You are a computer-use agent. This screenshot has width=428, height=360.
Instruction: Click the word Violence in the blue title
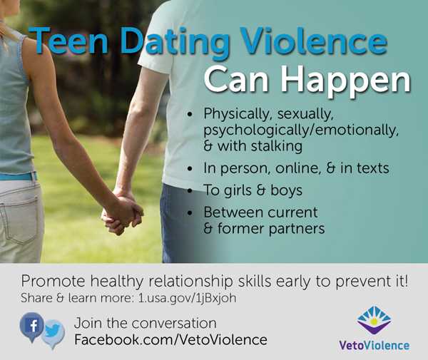click(313, 41)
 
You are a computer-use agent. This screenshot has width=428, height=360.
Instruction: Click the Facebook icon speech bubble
click(31, 326)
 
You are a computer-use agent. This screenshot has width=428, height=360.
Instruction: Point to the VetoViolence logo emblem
click(374, 320)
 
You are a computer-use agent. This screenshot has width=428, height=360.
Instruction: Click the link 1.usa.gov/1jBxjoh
click(187, 298)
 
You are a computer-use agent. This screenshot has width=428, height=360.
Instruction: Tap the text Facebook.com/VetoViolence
click(171, 340)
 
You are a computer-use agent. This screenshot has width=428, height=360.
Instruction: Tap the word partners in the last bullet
click(297, 229)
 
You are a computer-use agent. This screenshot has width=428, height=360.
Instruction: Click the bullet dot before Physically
click(190, 114)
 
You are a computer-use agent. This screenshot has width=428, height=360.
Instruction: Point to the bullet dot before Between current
click(190, 212)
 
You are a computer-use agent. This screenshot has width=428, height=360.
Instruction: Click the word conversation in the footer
click(174, 324)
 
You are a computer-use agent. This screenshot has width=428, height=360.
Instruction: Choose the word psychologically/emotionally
click(301, 130)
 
